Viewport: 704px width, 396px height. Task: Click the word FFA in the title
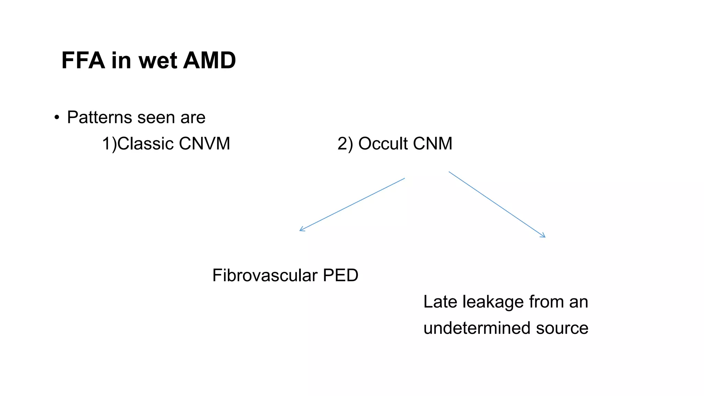click(83, 60)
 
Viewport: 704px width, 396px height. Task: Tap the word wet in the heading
click(158, 60)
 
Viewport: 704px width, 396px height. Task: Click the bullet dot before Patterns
click(57, 118)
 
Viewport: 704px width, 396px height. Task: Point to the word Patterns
click(100, 118)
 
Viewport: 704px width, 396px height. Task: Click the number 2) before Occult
click(345, 143)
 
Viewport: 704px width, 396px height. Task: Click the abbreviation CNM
click(432, 143)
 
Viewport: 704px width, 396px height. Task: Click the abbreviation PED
click(340, 275)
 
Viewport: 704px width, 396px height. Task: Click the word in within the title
click(121, 60)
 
